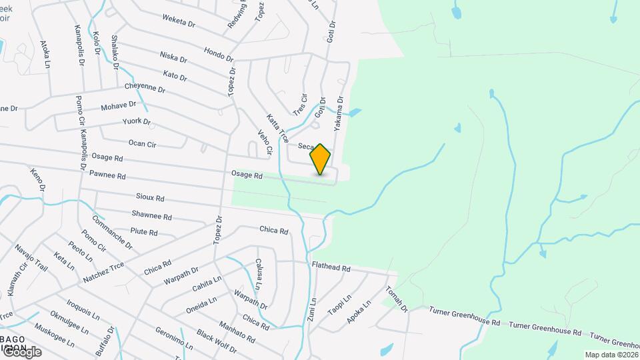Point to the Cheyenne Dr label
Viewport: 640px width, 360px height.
point(145,87)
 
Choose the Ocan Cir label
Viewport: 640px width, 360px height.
point(142,143)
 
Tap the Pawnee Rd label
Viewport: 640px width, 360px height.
point(107,176)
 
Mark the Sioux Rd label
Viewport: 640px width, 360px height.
point(150,198)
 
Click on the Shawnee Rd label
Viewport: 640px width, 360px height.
point(152,217)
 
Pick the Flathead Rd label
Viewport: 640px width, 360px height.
point(331,267)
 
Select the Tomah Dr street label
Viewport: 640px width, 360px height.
point(396,299)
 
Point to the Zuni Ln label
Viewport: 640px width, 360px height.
point(313,310)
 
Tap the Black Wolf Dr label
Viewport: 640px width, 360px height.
point(217,342)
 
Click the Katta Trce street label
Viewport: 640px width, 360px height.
point(277,129)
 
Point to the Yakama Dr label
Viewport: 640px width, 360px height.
point(339,113)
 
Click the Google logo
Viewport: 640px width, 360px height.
point(22,351)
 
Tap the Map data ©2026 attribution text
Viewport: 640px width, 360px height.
point(611,355)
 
